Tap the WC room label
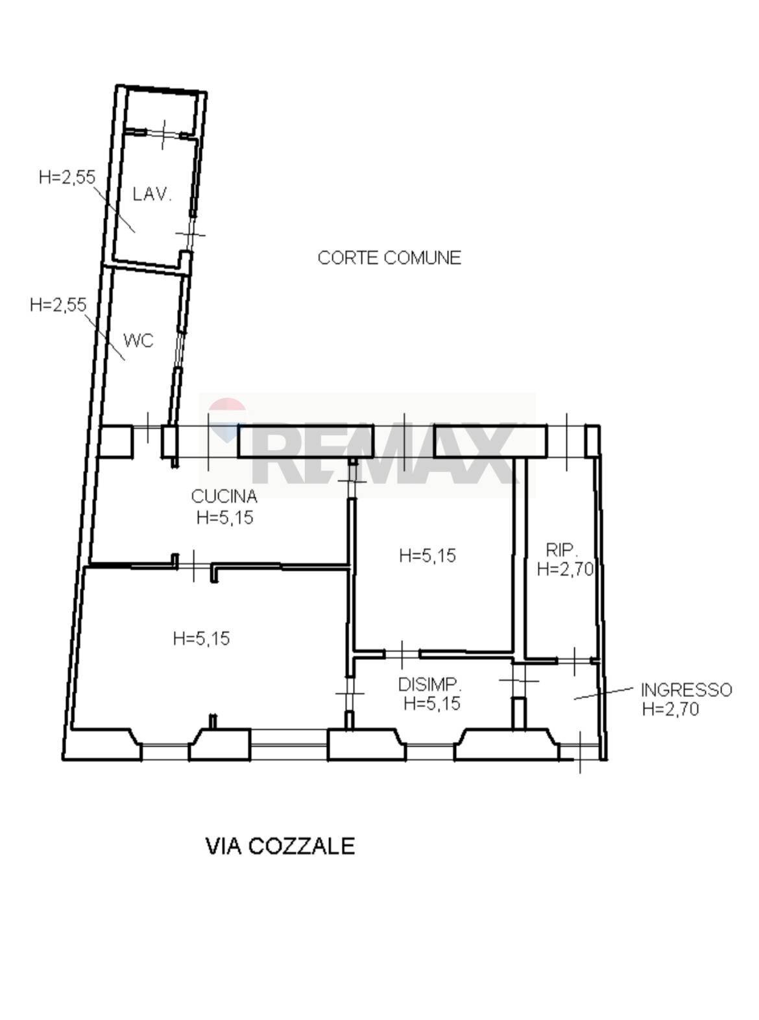(x=138, y=341)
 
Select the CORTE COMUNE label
(x=389, y=258)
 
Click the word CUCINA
(x=224, y=496)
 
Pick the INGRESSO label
(x=686, y=690)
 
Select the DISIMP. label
(x=429, y=685)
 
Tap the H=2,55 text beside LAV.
(x=67, y=177)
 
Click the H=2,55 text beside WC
(x=58, y=304)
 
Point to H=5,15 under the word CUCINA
(x=225, y=518)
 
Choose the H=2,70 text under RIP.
(x=565, y=570)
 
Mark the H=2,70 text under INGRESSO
(x=670, y=709)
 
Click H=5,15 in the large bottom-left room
(x=201, y=638)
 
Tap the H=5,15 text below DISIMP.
(x=431, y=703)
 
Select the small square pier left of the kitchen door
(x=116, y=442)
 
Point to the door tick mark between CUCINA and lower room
(x=194, y=565)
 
